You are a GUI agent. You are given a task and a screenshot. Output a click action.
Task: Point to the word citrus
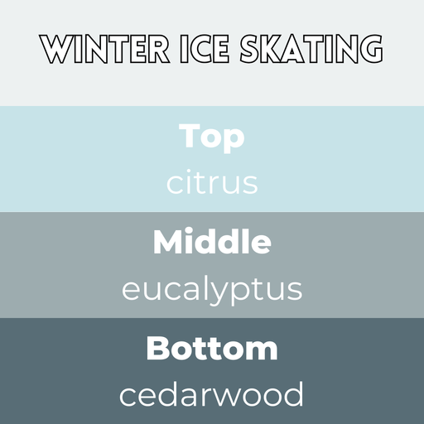coord(212,182)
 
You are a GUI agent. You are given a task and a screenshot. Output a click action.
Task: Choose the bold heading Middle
coord(212,243)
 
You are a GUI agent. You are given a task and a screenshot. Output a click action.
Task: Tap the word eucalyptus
coord(212,289)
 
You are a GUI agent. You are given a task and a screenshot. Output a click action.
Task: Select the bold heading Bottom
coord(212,349)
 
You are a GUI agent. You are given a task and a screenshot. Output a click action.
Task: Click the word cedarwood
coord(212,394)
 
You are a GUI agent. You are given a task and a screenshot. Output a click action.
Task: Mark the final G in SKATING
coord(370,50)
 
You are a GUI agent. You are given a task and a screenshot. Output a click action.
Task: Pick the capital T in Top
coord(190,136)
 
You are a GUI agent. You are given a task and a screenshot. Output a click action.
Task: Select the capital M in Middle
coord(168,243)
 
